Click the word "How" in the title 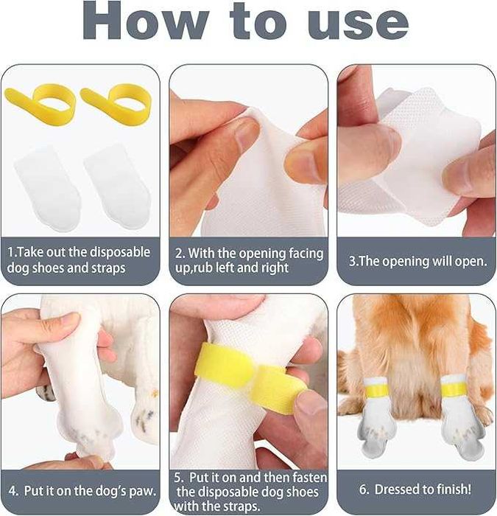(x=145, y=21)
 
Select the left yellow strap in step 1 (x=40, y=103)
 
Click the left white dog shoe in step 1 (x=47, y=188)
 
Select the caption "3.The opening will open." (x=417, y=261)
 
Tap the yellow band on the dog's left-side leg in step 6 (x=376, y=390)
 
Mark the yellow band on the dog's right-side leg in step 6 (x=454, y=389)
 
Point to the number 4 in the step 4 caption (x=13, y=491)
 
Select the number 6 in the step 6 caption (x=363, y=489)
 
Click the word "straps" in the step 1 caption (x=108, y=268)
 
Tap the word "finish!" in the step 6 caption (x=454, y=489)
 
